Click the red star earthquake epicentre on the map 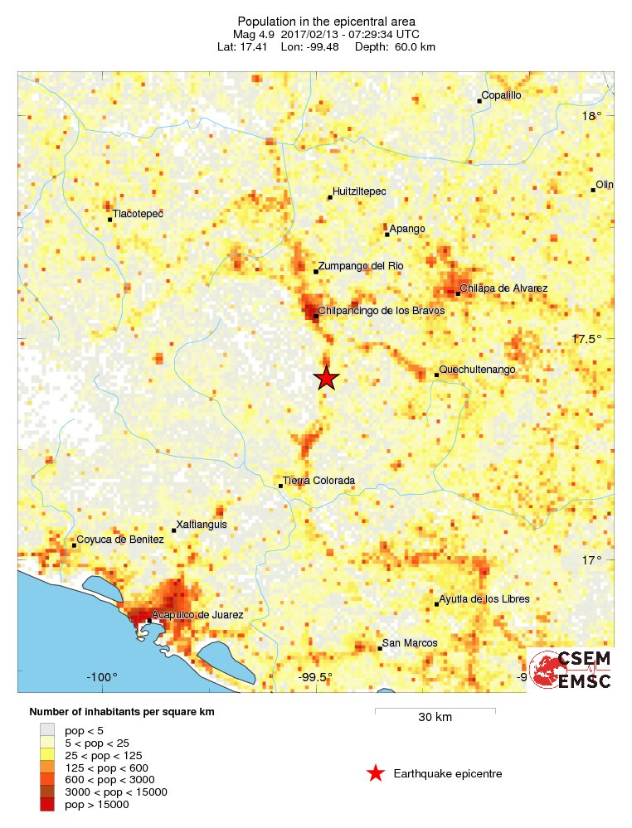[x=326, y=378]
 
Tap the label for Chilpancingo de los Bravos [x=382, y=311]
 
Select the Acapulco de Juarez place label [x=198, y=615]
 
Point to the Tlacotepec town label [x=139, y=214]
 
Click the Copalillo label [x=502, y=95]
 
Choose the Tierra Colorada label [x=318, y=481]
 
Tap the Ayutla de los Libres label [x=484, y=599]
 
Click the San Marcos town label [x=410, y=643]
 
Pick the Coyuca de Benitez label [x=121, y=540]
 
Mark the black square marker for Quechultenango [x=436, y=375]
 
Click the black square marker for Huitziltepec [x=329, y=197]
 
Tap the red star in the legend [x=376, y=773]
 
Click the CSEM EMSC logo [x=571, y=670]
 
